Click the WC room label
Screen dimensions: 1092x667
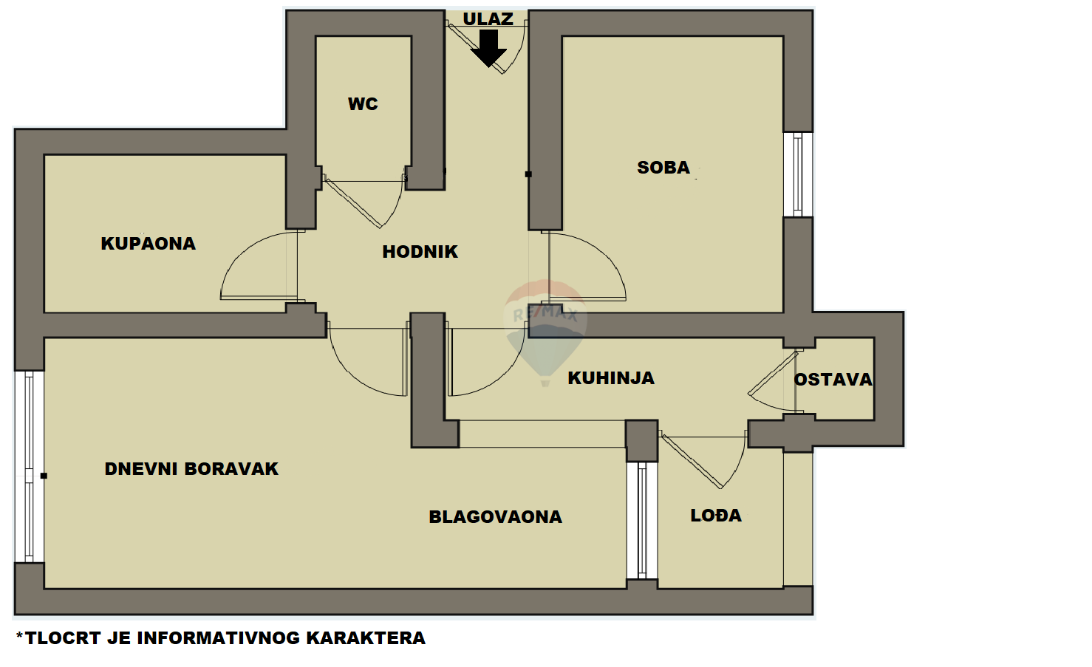coord(363,103)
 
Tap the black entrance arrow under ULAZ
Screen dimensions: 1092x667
coord(488,48)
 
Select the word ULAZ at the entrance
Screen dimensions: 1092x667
coord(488,19)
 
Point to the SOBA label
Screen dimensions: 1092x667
coord(663,168)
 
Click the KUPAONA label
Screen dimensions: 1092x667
coord(149,244)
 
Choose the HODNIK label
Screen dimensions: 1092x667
coord(420,252)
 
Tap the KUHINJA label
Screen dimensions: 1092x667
coord(611,378)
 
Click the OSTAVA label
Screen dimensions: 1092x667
coord(833,380)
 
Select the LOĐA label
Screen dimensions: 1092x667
coord(716,516)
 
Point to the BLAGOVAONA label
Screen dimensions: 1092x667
coord(495,517)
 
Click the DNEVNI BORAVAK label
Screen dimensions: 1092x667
coord(191,469)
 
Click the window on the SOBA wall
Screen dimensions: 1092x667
coord(798,174)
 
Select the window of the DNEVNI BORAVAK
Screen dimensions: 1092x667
coord(30,467)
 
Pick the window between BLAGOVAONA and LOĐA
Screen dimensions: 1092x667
coord(642,520)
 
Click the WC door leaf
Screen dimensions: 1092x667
coord(353,204)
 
